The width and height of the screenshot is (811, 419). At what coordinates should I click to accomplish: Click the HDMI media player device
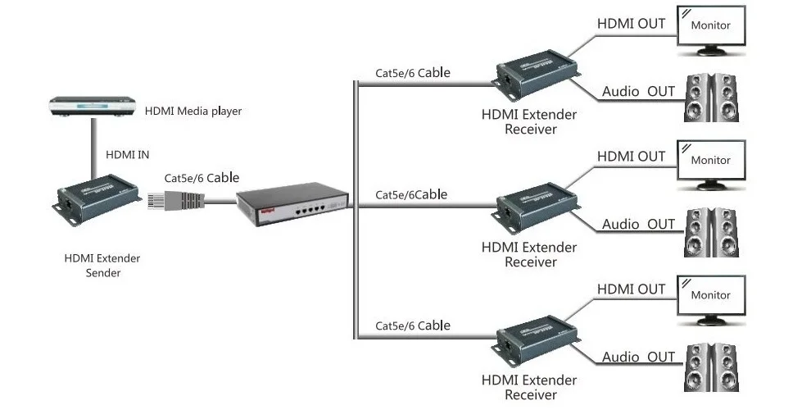[x=92, y=106]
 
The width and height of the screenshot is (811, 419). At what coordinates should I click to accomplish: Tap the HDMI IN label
[x=127, y=154]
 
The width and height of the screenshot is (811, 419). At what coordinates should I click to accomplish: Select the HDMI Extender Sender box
[x=97, y=198]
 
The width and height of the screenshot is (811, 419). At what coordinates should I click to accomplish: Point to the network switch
[x=292, y=203]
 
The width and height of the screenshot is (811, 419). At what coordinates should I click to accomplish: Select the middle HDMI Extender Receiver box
[x=537, y=209]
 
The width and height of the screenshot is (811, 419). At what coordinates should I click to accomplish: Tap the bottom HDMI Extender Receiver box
[x=537, y=342]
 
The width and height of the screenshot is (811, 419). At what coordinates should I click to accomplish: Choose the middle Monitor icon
[x=711, y=165]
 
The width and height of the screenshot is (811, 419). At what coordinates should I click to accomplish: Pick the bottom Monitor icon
[x=711, y=300]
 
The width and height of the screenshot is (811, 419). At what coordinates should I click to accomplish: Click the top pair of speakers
[x=711, y=98]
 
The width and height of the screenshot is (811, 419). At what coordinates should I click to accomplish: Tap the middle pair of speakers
[x=711, y=233]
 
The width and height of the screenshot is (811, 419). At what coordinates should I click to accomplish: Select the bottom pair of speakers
[x=711, y=367]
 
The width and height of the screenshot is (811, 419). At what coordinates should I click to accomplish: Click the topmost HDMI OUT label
[x=631, y=23]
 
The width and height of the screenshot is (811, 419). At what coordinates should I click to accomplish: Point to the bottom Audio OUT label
[x=638, y=357]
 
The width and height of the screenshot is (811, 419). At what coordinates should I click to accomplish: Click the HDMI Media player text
[x=193, y=111]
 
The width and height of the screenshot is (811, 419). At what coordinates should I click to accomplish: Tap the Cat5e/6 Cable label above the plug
[x=202, y=178]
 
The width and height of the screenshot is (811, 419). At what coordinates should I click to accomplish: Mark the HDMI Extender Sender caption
[x=102, y=265]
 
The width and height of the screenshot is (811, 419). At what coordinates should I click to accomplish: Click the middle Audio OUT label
[x=638, y=225]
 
